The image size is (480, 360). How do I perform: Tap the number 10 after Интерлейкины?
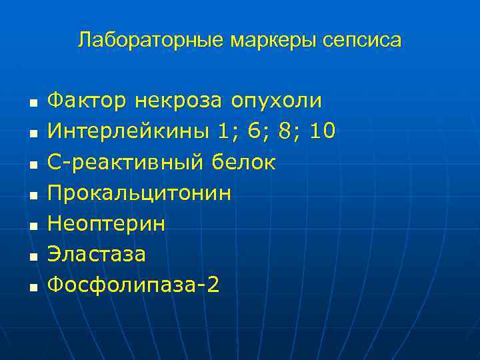click(x=323, y=131)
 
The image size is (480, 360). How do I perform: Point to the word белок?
click(x=244, y=162)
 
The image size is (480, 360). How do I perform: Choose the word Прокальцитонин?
click(x=140, y=193)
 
